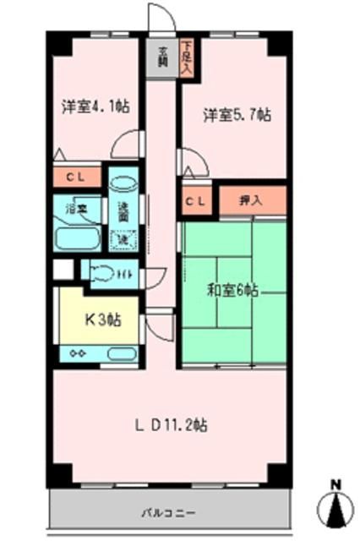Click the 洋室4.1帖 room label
(x=94, y=107)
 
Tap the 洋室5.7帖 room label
(x=237, y=115)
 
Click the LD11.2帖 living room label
(x=174, y=425)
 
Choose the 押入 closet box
(x=251, y=200)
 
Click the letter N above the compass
(x=335, y=484)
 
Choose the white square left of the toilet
(x=61, y=270)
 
